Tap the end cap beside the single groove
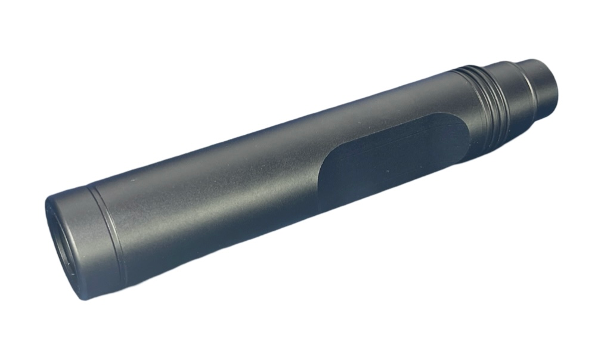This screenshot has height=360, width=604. click(x=89, y=238)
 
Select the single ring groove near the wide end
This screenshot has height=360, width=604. click(x=110, y=229)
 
